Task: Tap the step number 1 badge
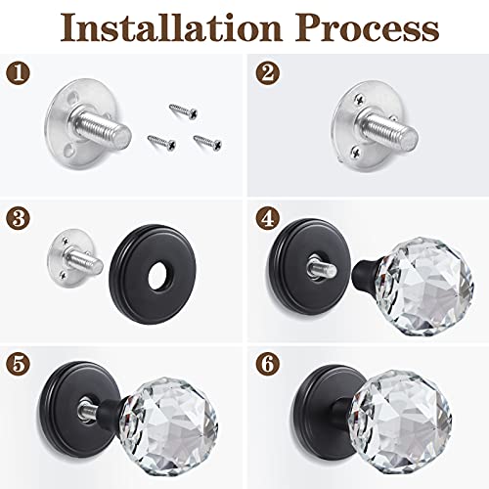pos(17,73)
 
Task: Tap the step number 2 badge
pos(265,73)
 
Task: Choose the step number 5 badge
pos(17,364)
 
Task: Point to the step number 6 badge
pos(265,364)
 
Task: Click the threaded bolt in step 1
pos(111,128)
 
